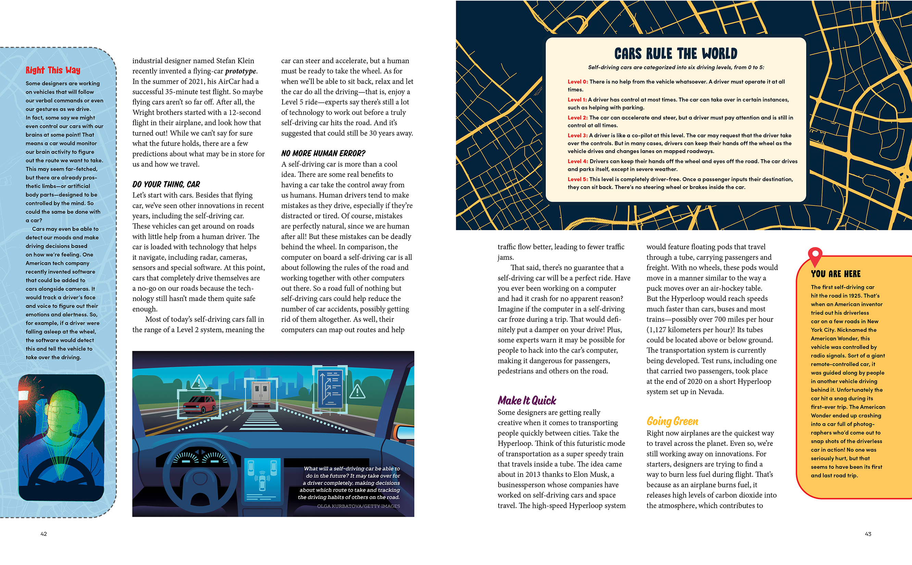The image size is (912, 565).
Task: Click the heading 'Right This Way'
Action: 53,70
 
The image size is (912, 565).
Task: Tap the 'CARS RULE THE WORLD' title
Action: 675,54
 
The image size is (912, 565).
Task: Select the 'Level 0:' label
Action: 577,82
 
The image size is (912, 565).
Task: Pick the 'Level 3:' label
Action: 577,136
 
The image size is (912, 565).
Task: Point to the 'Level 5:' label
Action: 577,179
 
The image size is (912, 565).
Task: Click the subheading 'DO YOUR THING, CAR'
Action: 166,184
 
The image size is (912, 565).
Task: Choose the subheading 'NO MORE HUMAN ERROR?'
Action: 323,153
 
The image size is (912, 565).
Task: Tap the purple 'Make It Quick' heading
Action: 527,401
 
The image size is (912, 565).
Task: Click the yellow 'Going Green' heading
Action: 672,421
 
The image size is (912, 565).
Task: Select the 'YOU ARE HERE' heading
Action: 835,274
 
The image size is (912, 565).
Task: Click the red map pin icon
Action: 815,255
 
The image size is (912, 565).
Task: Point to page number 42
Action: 44,534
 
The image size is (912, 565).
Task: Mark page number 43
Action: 868,534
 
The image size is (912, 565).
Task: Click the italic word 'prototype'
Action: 241,71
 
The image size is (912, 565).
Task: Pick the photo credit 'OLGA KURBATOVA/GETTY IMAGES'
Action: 358,506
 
